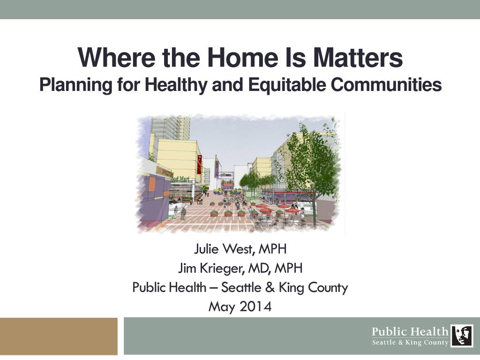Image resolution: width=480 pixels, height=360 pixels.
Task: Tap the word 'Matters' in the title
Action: [358, 58]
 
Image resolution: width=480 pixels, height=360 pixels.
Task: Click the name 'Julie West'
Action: [224, 248]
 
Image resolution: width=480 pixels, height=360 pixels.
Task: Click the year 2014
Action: [255, 307]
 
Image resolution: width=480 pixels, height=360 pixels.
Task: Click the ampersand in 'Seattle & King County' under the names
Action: [270, 287]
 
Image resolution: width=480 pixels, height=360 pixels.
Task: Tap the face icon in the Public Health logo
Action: [462, 336]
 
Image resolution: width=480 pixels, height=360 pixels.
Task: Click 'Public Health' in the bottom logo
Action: [410, 331]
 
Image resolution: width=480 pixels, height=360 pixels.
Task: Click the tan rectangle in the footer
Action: [59, 336]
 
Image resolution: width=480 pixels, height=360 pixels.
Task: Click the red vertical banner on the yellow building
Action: [199, 165]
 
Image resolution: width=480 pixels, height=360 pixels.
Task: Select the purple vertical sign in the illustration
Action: [217, 168]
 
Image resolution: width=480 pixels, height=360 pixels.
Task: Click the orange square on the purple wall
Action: [152, 185]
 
